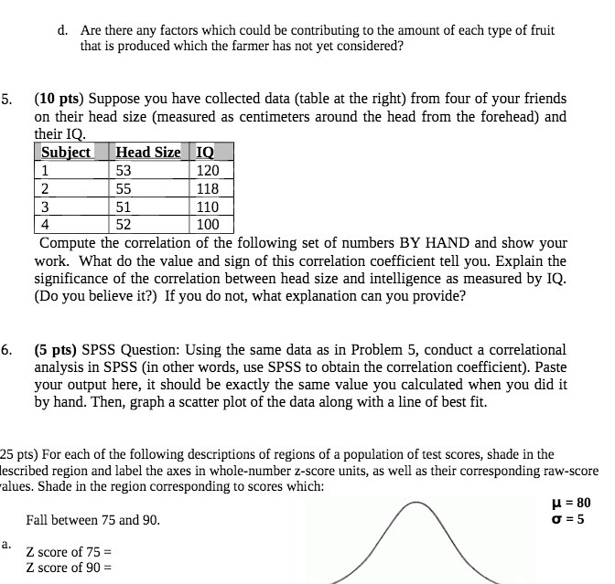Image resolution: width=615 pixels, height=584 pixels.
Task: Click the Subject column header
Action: click(x=66, y=153)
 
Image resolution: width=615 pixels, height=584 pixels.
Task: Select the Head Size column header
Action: click(x=147, y=153)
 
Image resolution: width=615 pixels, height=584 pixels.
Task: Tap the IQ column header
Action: click(x=208, y=153)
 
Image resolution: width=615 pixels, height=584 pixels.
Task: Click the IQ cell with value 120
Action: click(x=209, y=171)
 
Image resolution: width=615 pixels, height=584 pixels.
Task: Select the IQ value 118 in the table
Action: click(x=209, y=189)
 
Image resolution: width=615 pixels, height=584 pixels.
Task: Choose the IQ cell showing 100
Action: click(x=209, y=225)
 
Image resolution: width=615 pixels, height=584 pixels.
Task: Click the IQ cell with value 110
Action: click(x=209, y=207)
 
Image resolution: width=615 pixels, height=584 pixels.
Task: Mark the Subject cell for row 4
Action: click(x=46, y=225)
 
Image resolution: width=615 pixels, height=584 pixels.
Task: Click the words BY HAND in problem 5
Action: click(x=433, y=243)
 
